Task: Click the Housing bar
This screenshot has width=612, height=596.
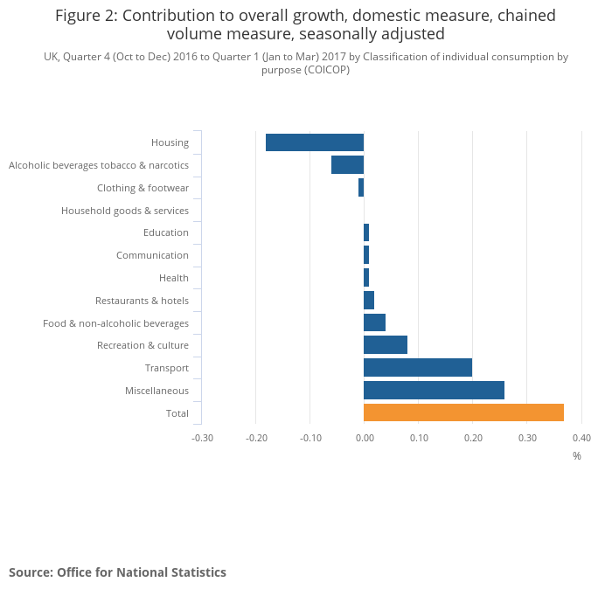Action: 315,142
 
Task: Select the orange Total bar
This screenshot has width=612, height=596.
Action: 463,412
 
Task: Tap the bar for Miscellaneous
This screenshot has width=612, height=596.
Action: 434,390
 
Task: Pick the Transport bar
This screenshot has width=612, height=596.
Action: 418,367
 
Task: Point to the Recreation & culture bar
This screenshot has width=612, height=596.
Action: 386,345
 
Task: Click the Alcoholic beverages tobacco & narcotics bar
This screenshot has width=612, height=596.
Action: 347,164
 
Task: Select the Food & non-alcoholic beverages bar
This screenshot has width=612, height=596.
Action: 374,322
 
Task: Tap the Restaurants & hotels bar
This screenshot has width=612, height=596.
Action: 369,300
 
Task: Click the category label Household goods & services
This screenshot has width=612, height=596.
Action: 125,211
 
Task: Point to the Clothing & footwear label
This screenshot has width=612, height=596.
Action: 143,188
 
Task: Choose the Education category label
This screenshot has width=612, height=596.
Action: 166,232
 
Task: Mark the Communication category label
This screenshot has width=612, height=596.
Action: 152,255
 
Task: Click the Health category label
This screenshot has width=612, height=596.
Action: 174,278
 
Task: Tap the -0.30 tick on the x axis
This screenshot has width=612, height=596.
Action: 202,438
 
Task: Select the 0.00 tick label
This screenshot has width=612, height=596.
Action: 364,438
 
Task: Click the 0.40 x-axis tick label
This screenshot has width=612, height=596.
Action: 581,438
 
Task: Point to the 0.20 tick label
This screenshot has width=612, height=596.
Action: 472,438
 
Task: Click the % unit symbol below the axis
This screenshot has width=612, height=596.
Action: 577,455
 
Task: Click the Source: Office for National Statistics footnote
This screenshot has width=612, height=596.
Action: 117,572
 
